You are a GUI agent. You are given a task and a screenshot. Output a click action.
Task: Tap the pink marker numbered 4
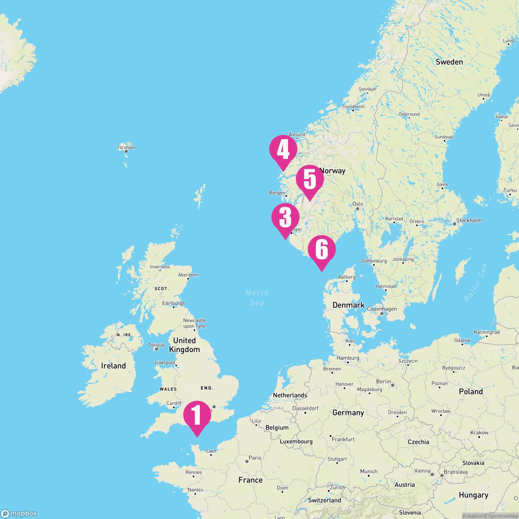click(x=283, y=151)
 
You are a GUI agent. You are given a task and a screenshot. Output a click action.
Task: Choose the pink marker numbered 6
click(x=321, y=250)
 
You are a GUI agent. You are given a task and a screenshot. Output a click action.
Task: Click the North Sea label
click(x=257, y=298)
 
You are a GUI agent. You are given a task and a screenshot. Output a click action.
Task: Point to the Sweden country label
click(x=449, y=62)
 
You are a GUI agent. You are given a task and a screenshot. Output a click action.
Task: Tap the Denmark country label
click(x=348, y=305)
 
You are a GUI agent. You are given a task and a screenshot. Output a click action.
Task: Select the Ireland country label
click(x=113, y=366)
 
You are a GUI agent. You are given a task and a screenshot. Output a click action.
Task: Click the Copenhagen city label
click(x=381, y=309)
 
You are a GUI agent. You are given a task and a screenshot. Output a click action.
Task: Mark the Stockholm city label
click(x=469, y=221)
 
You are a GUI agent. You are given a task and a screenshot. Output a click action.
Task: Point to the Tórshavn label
click(x=126, y=147)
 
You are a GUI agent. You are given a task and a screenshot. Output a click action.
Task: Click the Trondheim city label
click(x=353, y=107)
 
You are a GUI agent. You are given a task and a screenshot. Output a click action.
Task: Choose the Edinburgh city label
click(x=173, y=304)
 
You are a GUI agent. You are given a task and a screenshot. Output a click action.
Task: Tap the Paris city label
click(x=255, y=458)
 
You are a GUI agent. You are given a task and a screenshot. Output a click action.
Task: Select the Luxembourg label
click(x=296, y=442)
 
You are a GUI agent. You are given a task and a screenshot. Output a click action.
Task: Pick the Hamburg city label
click(x=348, y=358)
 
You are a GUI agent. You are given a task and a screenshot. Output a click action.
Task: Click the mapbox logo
click(x=19, y=513)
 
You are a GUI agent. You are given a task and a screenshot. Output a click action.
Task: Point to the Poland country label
click(x=471, y=391)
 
